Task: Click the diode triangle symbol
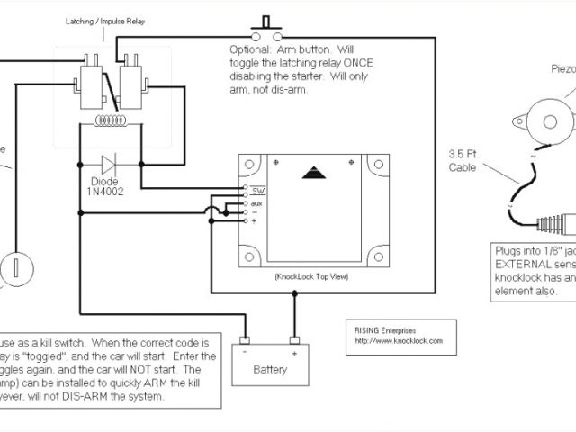(109, 164)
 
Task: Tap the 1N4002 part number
(105, 192)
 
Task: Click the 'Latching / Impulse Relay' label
(104, 20)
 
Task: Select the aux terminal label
(256, 203)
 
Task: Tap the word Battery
(269, 369)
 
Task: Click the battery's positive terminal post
(293, 342)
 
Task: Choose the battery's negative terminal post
(244, 342)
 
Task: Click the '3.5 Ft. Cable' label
(467, 159)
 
